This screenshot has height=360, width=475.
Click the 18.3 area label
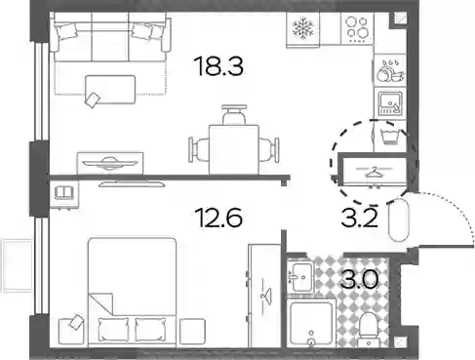pos(218,66)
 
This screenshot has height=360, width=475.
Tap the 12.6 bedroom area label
pos(219,218)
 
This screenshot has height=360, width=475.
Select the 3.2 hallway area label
pos(359,218)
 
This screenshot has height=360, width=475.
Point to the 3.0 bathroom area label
pos(360,279)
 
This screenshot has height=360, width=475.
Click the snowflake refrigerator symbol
pos(303,28)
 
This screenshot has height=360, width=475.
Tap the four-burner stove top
pos(357,28)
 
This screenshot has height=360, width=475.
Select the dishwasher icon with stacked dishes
pos(390,70)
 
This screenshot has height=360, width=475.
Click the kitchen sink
pos(390,103)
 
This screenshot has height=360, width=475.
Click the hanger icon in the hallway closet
pos(375,172)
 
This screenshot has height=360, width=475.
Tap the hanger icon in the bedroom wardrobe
pos(266,296)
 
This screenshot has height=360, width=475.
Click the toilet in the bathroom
pos(369,329)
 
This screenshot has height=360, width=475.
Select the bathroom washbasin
pos(300,277)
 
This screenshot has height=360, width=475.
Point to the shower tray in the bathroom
pos(311,324)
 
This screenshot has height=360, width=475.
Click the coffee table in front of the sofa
pos(110,90)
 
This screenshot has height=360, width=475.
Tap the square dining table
pos(234,149)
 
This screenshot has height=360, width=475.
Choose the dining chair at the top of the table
pos(234,114)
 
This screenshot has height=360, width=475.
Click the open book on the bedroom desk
pos(64,192)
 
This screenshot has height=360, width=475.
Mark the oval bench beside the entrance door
pos(399,220)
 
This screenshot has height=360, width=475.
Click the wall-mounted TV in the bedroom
pos(132,184)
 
